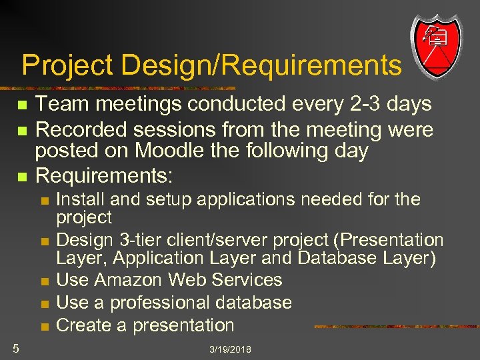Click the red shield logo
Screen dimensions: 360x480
436,45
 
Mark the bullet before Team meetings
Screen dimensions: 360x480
22,105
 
